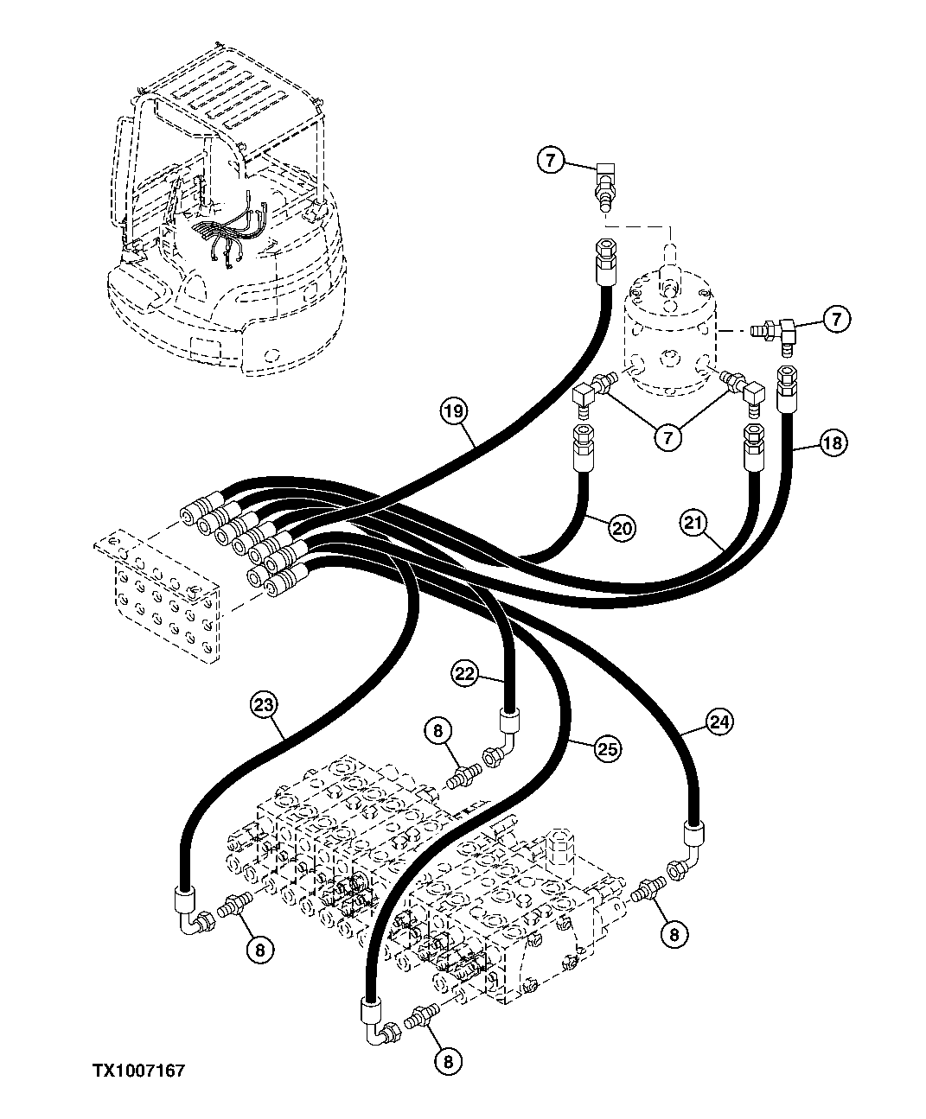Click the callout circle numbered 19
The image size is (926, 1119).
(457, 410)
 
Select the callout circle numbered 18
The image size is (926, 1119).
(832, 443)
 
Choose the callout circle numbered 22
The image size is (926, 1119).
(464, 673)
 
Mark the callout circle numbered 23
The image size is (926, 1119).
(265, 705)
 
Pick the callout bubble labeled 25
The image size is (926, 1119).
(607, 749)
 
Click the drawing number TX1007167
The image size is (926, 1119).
(139, 1071)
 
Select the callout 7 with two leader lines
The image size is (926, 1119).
(667, 437)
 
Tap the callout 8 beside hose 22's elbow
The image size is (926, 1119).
(438, 732)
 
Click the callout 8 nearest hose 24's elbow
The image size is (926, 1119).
(675, 932)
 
